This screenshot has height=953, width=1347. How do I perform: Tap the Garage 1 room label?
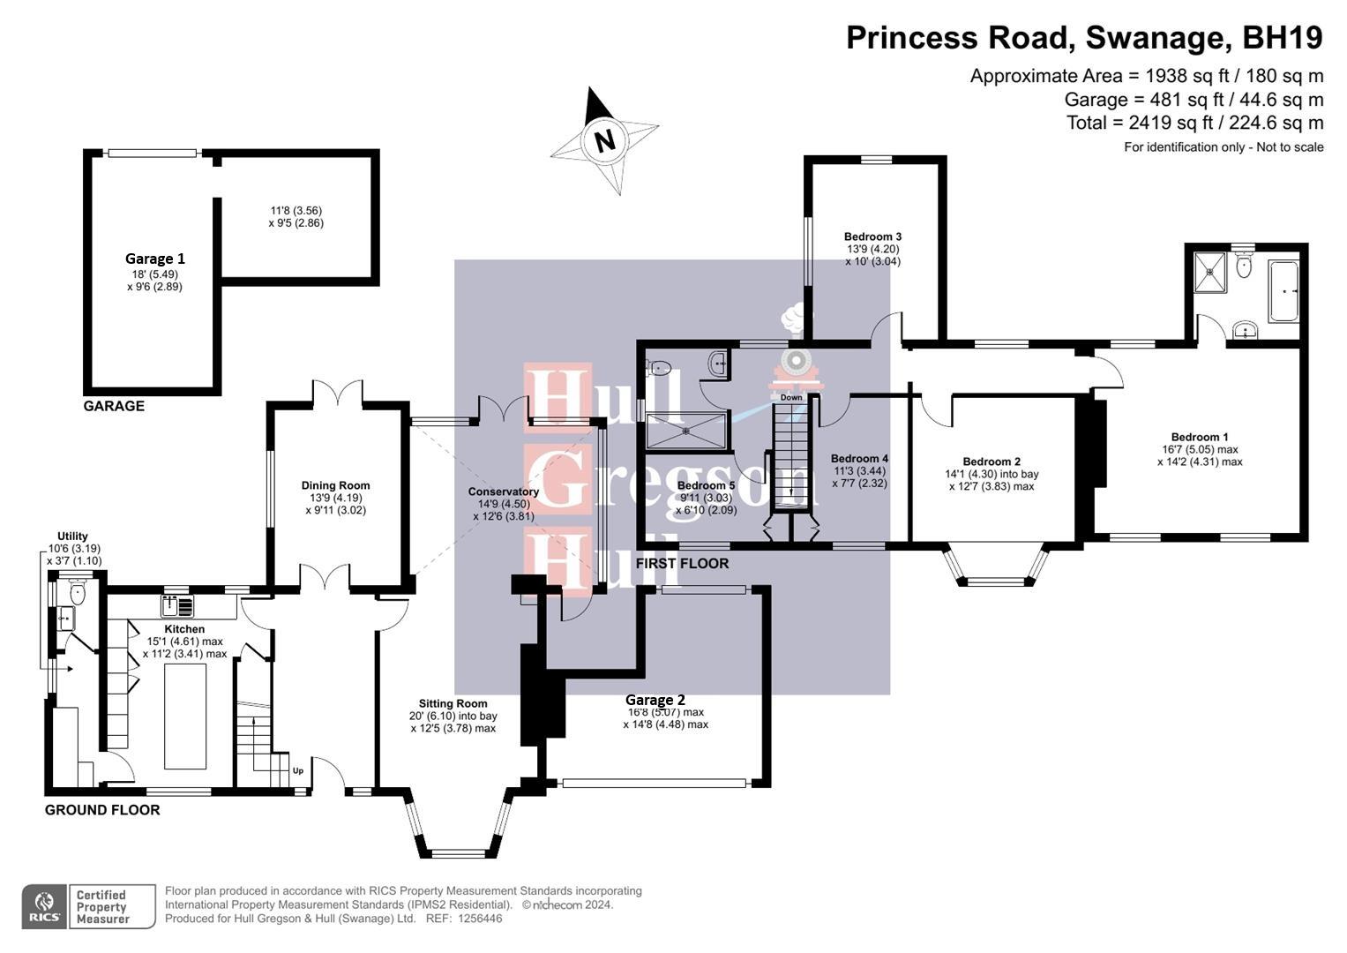tap(155, 259)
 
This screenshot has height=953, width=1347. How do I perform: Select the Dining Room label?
tap(335, 485)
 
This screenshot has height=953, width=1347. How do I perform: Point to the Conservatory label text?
tap(503, 492)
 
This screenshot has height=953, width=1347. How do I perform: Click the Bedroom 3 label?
tap(872, 236)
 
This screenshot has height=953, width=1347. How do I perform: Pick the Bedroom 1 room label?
tap(1199, 437)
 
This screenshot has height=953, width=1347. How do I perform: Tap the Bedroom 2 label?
tap(992, 461)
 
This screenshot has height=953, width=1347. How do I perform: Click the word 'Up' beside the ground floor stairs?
tap(298, 770)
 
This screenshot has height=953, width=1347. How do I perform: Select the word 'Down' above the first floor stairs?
tap(791, 397)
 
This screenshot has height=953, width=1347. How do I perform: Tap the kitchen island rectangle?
tap(185, 716)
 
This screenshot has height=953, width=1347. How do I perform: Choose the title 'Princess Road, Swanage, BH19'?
tap(1084, 38)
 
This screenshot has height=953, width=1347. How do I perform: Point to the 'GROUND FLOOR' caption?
tap(102, 810)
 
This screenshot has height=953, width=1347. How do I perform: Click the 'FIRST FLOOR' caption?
tap(682, 563)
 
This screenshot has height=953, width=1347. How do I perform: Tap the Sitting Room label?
tap(453, 703)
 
